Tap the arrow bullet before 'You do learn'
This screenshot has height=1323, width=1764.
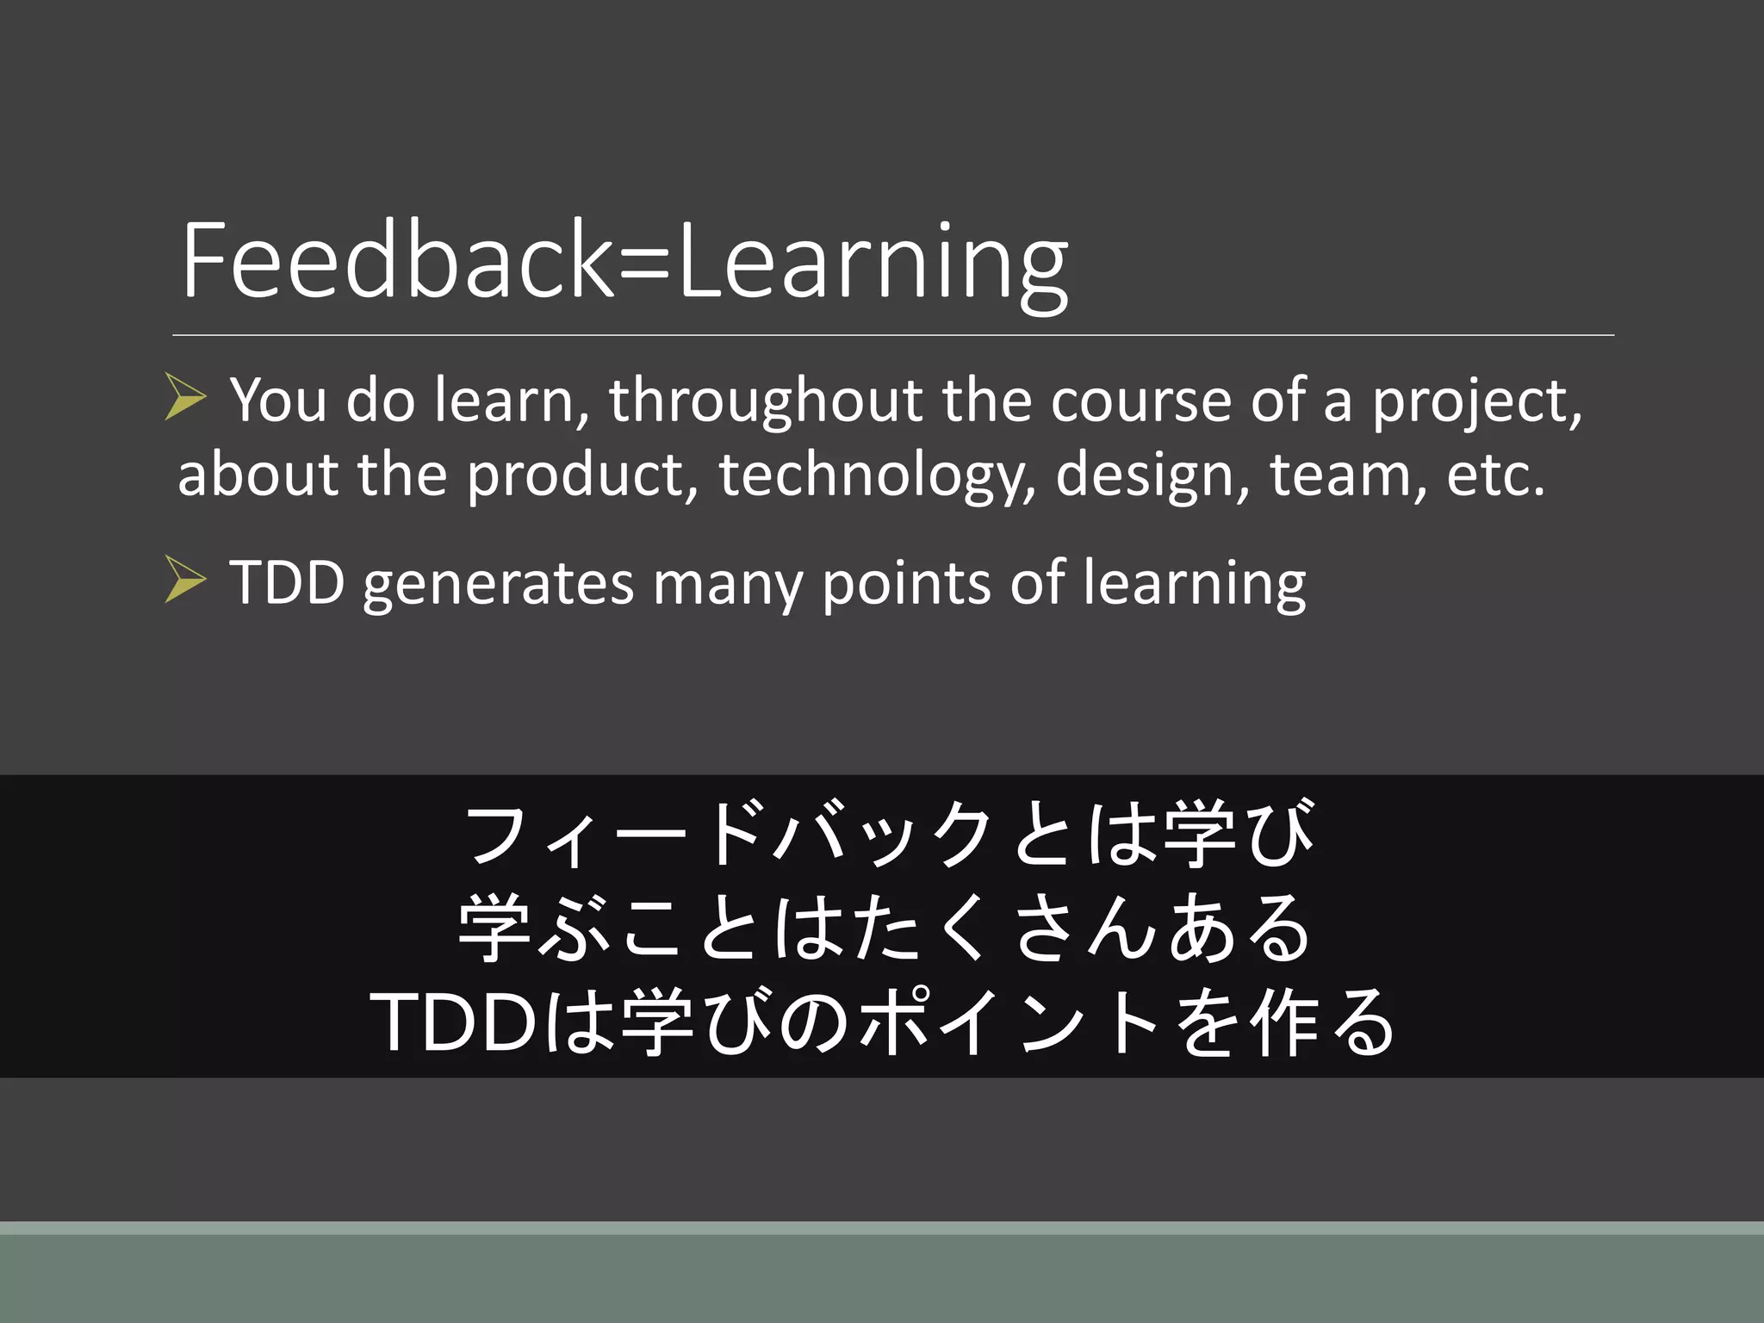(x=185, y=397)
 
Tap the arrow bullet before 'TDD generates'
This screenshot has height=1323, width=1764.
(x=185, y=579)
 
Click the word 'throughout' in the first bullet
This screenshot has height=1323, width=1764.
(x=766, y=402)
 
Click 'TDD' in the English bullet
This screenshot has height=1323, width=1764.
(x=287, y=583)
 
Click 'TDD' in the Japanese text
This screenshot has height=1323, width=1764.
(x=454, y=1022)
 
